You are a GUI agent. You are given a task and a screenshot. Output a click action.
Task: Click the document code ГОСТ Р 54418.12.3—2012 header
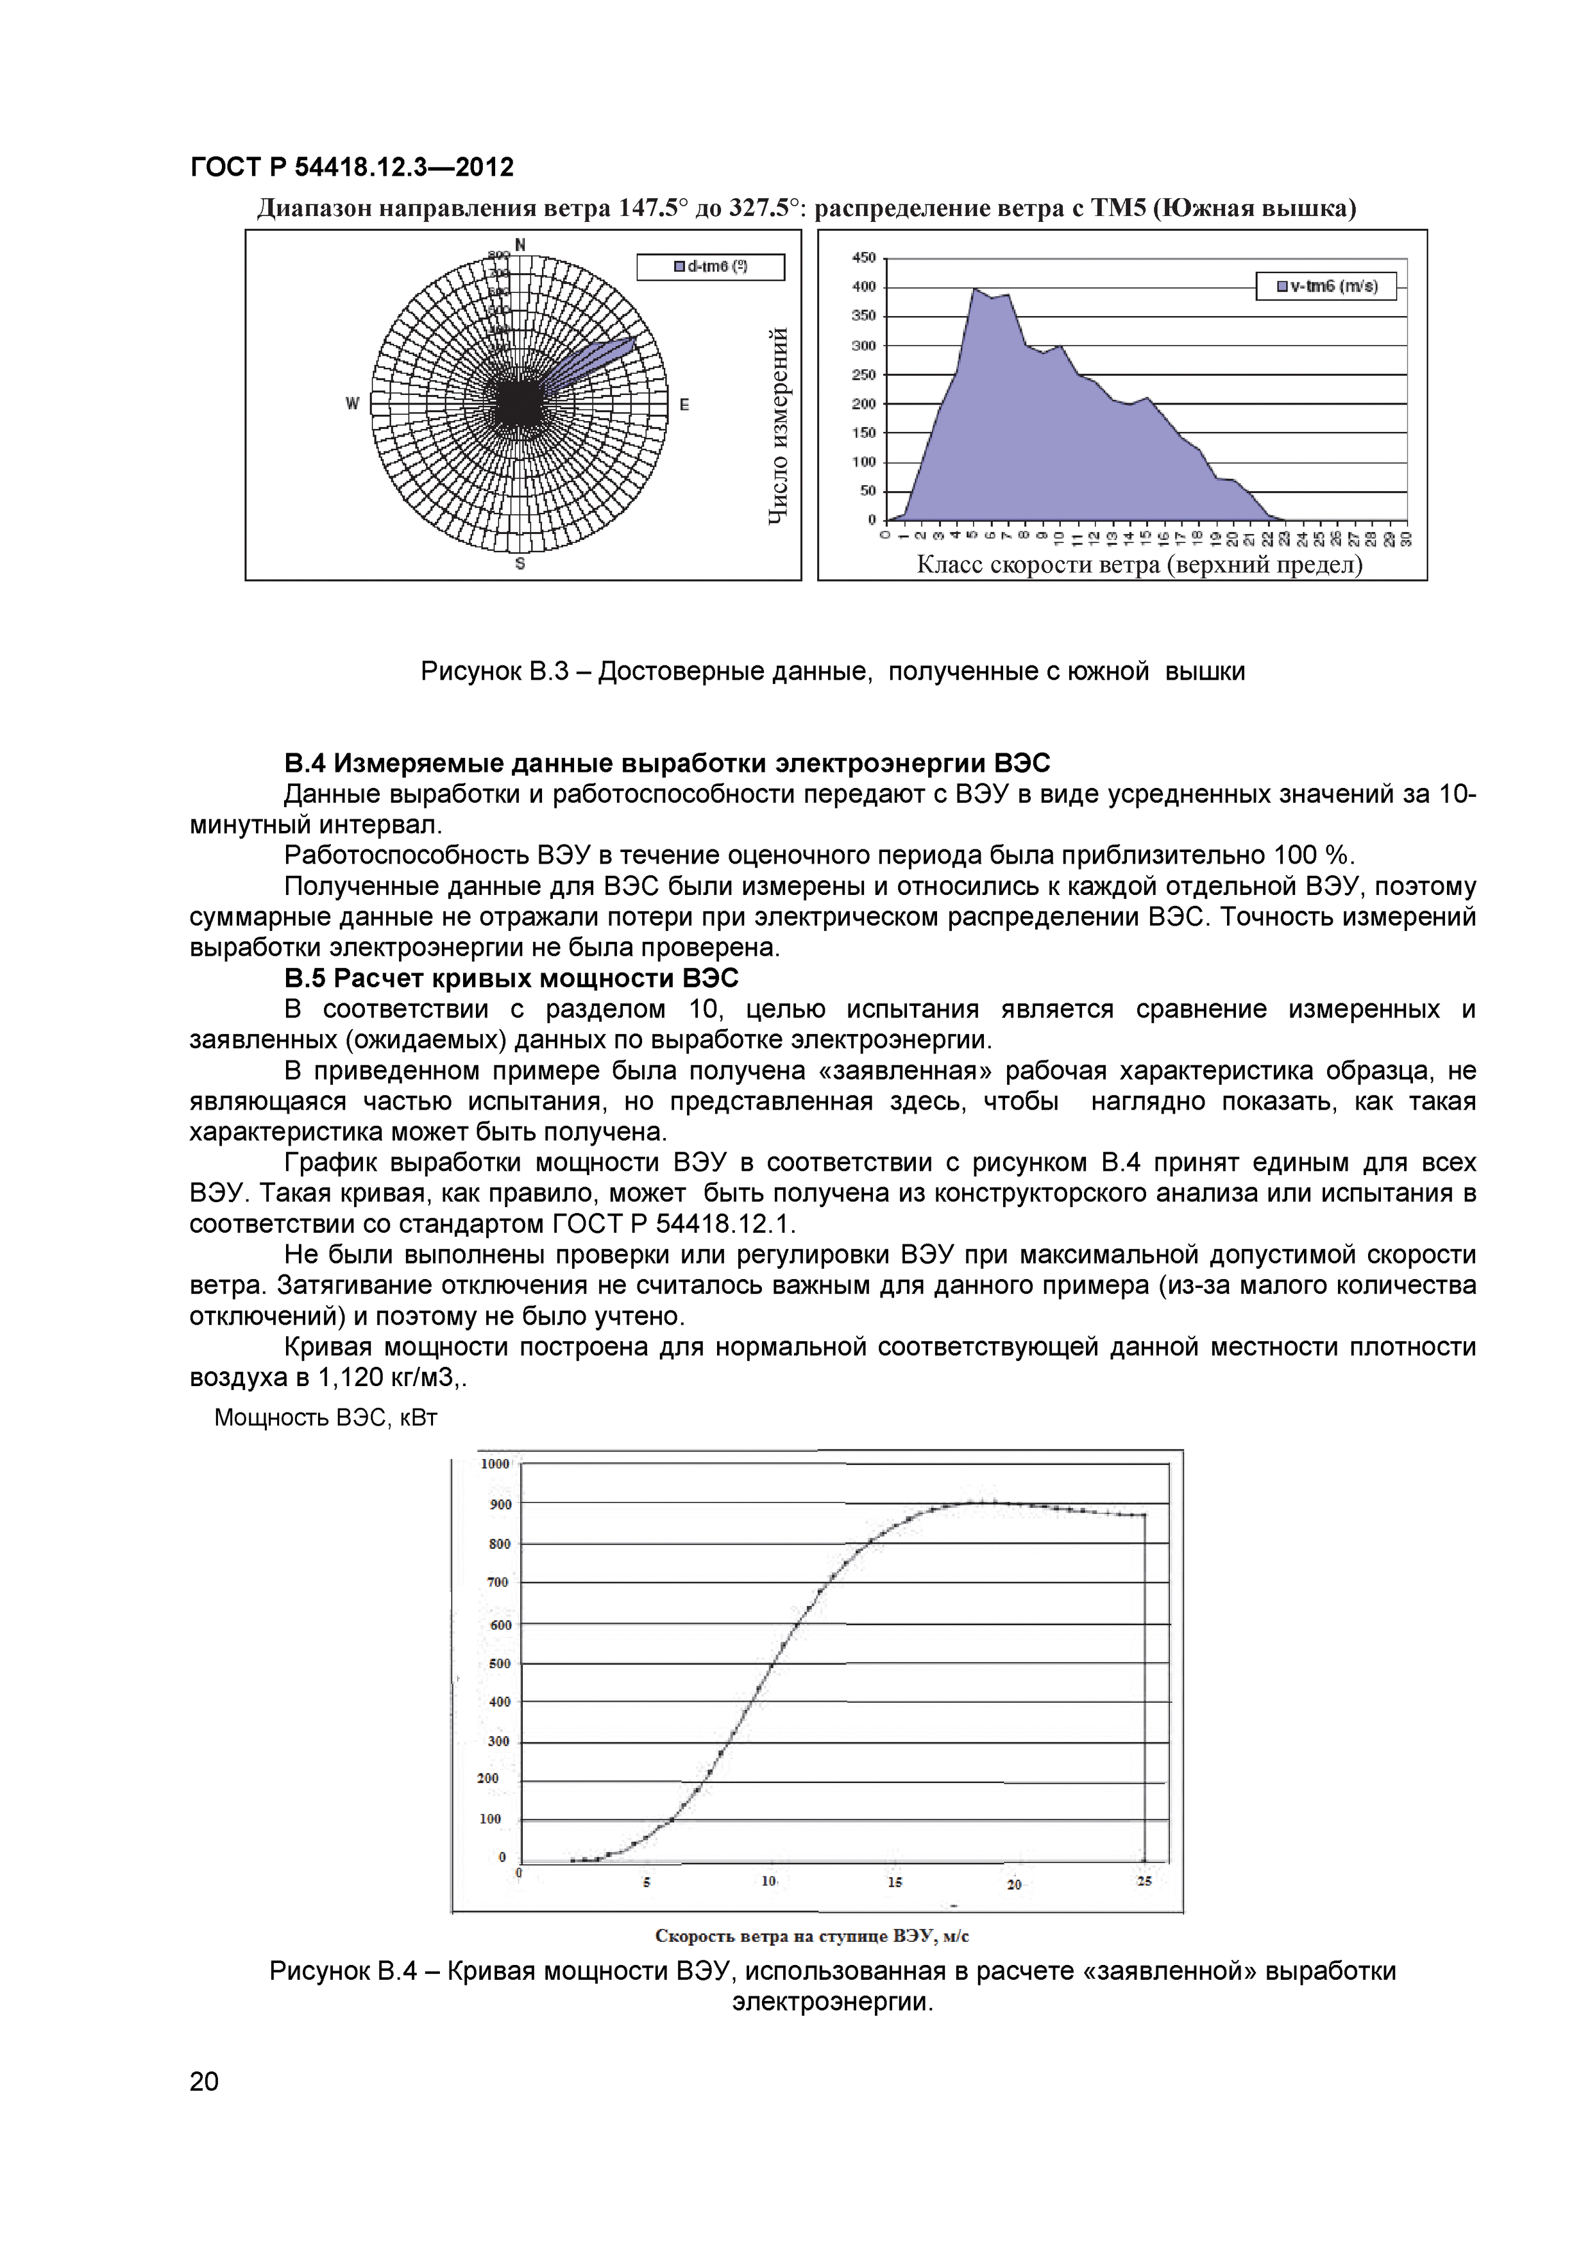click(351, 167)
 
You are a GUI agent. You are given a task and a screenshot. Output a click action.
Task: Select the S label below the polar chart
click(520, 564)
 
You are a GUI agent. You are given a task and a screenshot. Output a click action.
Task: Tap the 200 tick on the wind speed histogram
click(864, 403)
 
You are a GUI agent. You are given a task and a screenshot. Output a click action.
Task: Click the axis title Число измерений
click(779, 424)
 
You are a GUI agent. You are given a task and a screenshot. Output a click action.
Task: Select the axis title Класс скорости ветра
click(1138, 565)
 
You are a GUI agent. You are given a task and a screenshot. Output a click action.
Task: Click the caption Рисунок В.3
click(833, 672)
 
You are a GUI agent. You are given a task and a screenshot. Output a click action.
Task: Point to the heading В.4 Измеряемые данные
click(666, 763)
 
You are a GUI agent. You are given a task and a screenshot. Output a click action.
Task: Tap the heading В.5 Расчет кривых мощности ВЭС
click(511, 978)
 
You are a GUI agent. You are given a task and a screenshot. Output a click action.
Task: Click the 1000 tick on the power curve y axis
click(495, 1464)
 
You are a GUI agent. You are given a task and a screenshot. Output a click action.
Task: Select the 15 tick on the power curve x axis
click(895, 1882)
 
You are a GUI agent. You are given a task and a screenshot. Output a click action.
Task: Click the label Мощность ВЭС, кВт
click(325, 1417)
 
